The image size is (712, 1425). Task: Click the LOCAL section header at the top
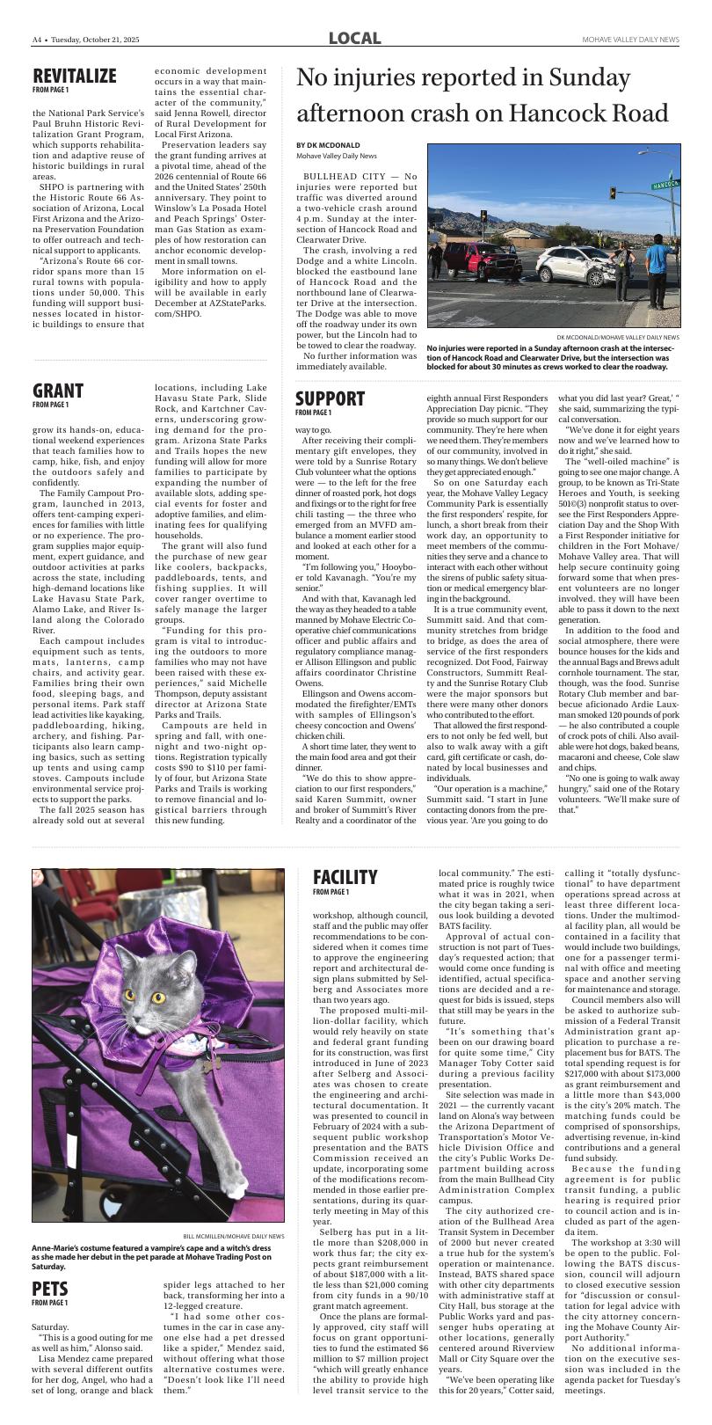355,39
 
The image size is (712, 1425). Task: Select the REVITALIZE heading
74,76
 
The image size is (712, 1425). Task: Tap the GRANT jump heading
58,391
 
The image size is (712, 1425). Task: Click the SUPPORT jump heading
330,398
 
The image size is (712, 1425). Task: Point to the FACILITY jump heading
345,877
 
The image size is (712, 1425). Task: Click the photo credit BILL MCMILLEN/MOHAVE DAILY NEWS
234,1236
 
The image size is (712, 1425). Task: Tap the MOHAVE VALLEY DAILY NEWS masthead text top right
630,40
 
